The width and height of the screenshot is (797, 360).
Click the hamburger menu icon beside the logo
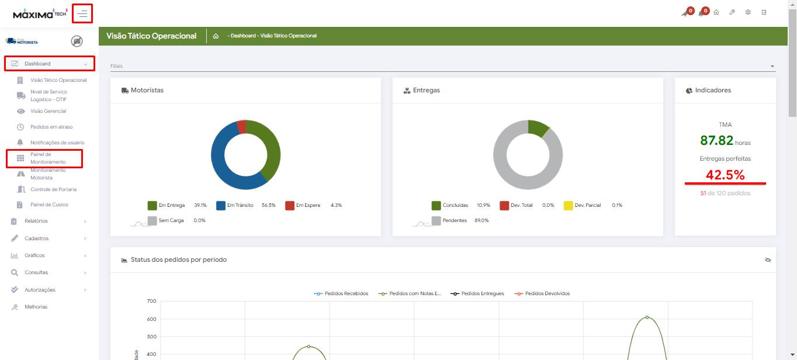click(82, 13)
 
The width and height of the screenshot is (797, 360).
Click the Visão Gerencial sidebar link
click(48, 111)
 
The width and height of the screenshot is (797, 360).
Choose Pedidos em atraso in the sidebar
click(51, 127)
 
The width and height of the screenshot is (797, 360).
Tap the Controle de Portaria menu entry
click(53, 189)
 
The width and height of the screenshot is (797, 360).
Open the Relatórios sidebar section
click(36, 221)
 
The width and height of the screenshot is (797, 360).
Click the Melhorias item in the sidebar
click(36, 307)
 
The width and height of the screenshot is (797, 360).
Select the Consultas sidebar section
click(36, 272)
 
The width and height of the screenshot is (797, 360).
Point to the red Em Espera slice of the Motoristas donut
click(241, 127)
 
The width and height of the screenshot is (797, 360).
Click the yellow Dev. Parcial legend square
click(568, 205)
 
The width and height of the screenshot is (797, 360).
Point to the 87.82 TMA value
click(716, 141)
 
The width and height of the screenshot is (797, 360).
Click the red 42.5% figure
click(725, 175)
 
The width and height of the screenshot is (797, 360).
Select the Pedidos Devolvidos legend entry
click(542, 293)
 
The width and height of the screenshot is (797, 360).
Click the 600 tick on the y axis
click(151, 319)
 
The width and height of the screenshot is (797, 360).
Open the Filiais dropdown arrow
click(772, 66)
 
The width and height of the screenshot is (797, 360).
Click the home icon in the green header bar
click(216, 36)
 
